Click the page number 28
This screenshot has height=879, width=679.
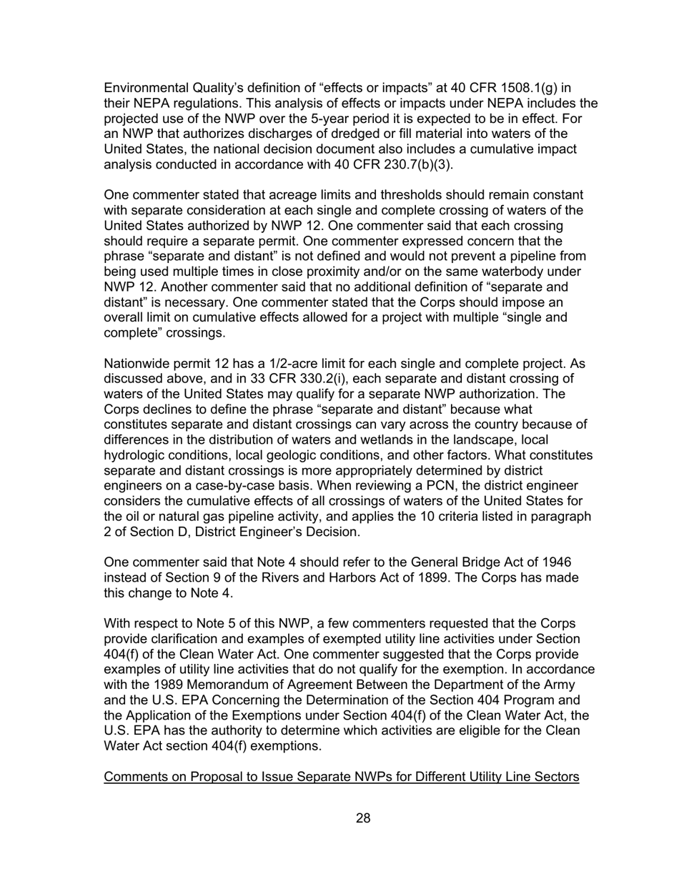(x=362, y=819)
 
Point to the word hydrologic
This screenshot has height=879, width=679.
(x=137, y=456)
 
